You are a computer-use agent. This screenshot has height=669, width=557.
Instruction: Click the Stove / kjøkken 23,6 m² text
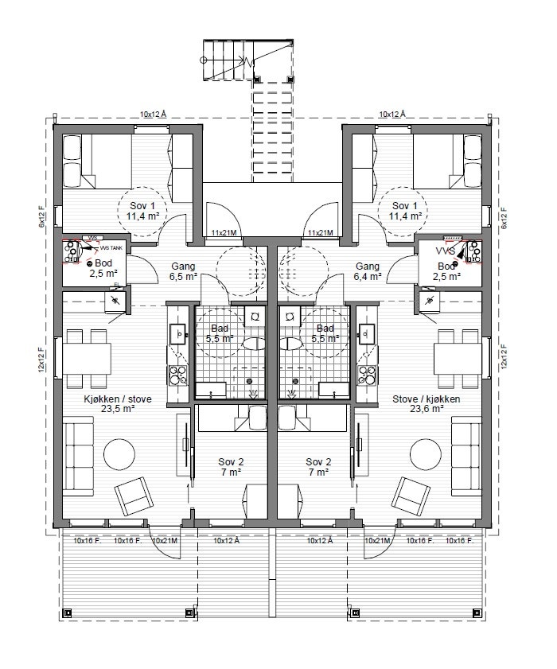(426, 405)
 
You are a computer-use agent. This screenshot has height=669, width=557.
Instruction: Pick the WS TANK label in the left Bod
(109, 247)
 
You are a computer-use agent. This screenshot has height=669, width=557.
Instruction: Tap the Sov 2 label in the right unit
(317, 467)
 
